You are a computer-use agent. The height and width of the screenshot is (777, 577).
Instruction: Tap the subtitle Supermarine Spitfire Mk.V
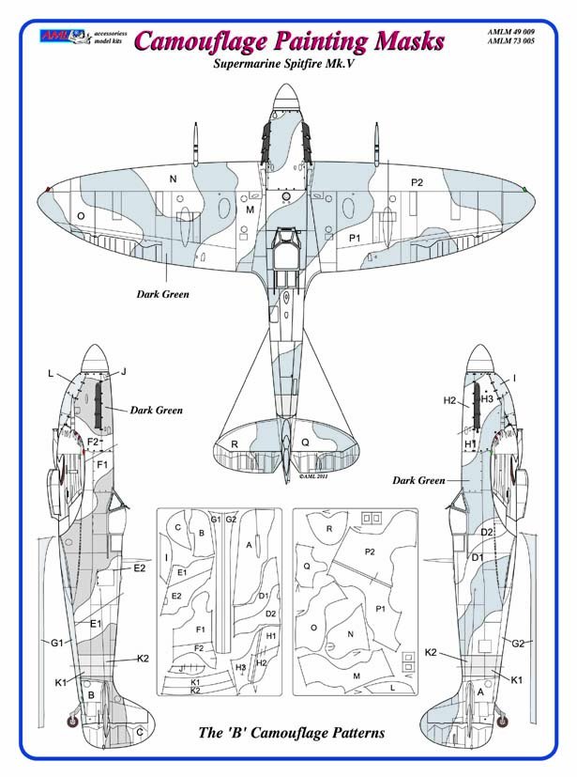(x=286, y=68)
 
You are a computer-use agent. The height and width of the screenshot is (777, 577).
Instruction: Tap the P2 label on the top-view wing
(x=418, y=181)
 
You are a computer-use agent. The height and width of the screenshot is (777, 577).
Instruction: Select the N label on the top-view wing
(x=172, y=179)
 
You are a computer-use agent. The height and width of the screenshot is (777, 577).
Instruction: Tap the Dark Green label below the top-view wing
(x=162, y=294)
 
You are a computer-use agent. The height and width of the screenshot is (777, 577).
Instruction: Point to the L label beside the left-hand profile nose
(x=52, y=373)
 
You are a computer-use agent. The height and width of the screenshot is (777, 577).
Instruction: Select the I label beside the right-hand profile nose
(x=515, y=378)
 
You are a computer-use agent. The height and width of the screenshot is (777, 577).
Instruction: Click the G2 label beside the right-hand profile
(x=517, y=644)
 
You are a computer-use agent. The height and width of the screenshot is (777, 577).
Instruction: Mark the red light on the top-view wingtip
(x=47, y=190)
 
